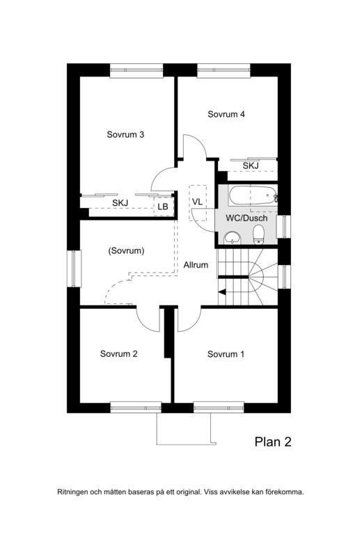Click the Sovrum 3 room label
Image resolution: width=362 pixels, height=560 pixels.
pos(125,135)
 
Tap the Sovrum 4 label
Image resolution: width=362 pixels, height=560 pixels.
pos(226,114)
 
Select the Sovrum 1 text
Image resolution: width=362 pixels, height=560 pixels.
pos(226,354)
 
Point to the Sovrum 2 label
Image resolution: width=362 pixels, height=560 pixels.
pos(118,354)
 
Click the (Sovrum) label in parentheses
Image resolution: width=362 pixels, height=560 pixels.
pos(126,250)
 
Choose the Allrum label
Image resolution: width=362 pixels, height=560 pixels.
pos(196,265)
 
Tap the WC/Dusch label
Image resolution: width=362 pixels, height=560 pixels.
pos(246,218)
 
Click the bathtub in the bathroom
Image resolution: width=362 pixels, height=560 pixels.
pos(253,195)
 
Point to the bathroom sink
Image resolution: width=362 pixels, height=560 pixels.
pos(233,238)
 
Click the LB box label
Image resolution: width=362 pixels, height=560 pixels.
pos(163,207)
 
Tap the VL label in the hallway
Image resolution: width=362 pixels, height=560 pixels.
pos(197,202)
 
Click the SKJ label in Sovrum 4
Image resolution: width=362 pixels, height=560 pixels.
pos(251,166)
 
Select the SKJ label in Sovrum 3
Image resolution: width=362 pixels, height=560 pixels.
pos(120,203)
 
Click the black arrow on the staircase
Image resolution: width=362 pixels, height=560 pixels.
pos(222,292)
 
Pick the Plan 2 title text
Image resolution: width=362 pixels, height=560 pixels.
pos(273,442)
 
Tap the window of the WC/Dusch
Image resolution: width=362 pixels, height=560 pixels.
pos(285,226)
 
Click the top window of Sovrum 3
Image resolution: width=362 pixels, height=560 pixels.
pos(136,70)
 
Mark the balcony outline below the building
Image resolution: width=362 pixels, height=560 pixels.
pos(186,445)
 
